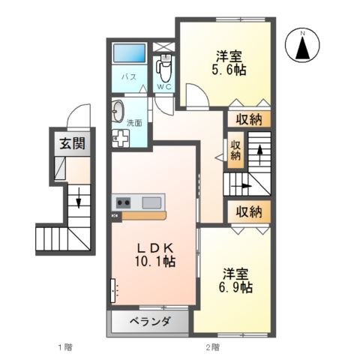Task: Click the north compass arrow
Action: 303,46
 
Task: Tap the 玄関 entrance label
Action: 71,145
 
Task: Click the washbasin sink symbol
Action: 118,113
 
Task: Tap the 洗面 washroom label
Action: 134,122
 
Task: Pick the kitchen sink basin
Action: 152,202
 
